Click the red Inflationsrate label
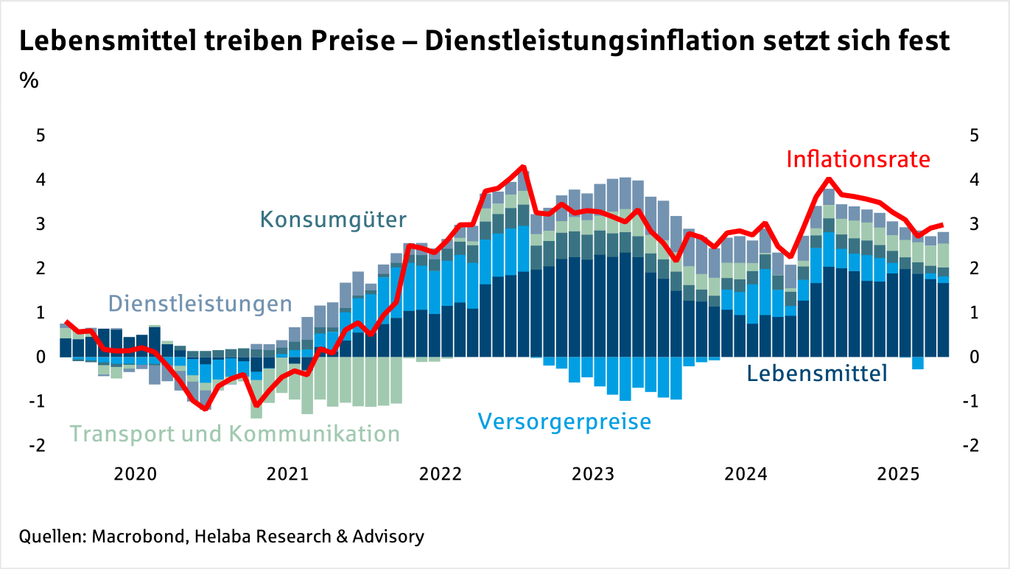point(858,159)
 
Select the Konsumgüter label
point(333,220)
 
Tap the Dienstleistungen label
point(200,304)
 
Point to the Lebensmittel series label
point(817,374)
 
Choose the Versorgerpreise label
point(564,422)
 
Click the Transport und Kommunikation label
point(235,434)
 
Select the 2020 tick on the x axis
point(136,474)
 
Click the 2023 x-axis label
point(594,474)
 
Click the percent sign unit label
point(29,80)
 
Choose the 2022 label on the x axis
point(441,474)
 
